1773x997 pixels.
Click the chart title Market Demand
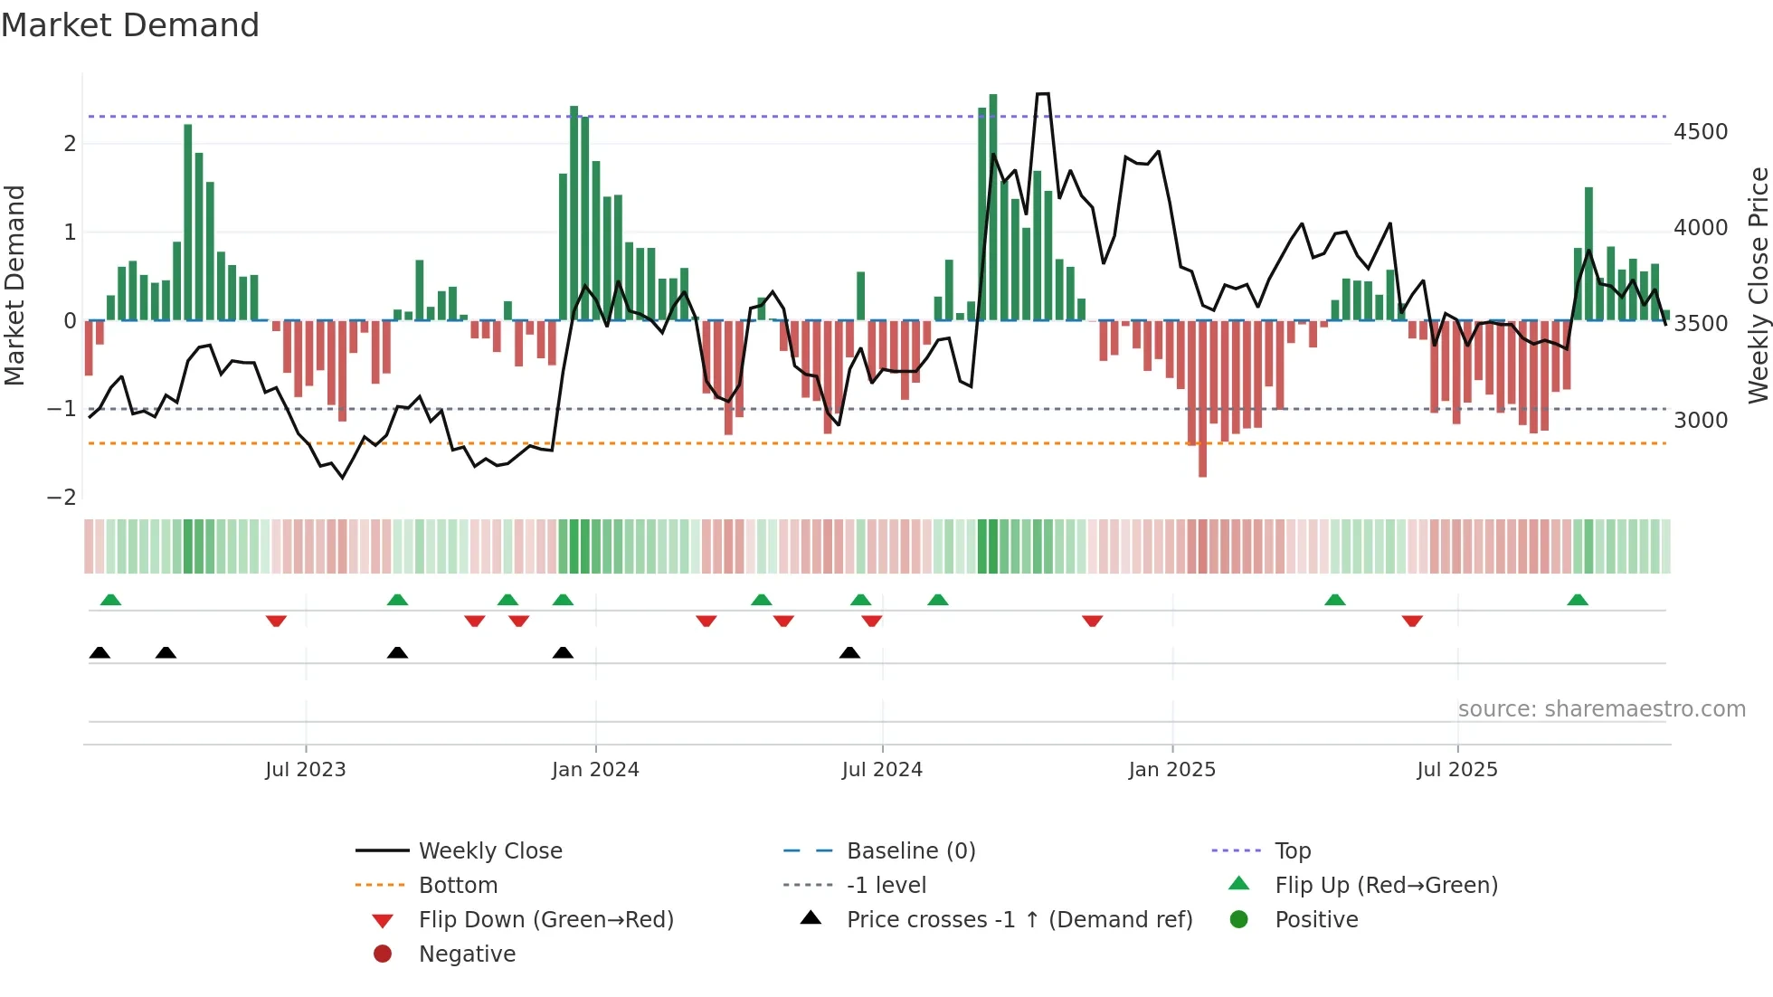tap(130, 25)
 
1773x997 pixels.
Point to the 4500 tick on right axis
tap(1700, 132)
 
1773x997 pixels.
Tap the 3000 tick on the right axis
tap(1700, 420)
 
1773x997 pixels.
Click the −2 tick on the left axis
tap(62, 497)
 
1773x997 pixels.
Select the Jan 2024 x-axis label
tap(595, 770)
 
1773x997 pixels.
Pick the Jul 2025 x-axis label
tap(1456, 770)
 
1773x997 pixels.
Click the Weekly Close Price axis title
tap(1758, 285)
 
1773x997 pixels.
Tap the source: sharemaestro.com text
tap(1601, 709)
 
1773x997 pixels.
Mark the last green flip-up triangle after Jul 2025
tap(1578, 600)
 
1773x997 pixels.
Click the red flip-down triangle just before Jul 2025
tap(1412, 621)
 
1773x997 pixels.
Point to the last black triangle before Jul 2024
tap(849, 652)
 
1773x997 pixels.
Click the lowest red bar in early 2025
tap(1202, 398)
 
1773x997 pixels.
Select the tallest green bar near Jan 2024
tap(574, 213)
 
